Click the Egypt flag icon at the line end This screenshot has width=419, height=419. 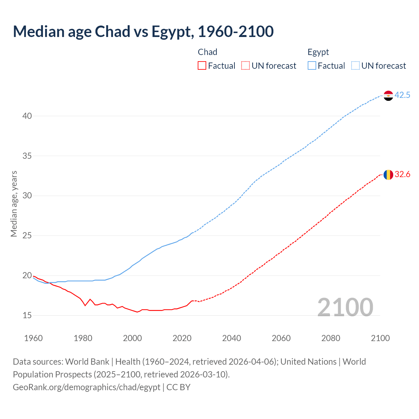click(x=388, y=96)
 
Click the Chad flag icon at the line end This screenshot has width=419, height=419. click(x=388, y=175)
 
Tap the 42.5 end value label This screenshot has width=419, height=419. click(x=402, y=95)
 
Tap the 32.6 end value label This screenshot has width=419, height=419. click(x=402, y=174)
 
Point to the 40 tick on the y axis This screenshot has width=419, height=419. click(x=27, y=116)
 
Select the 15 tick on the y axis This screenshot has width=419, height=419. click(x=27, y=315)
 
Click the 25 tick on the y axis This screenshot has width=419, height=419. click(x=27, y=235)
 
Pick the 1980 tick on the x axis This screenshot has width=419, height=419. click(x=83, y=338)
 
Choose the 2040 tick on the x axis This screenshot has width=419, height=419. click(x=231, y=338)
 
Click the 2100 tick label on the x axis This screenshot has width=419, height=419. click(x=380, y=338)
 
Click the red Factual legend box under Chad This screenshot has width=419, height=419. click(x=202, y=66)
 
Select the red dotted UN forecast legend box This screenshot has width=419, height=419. click(x=246, y=66)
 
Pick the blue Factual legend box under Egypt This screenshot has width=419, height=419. click(x=312, y=66)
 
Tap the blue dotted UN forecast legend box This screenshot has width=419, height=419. click(x=355, y=66)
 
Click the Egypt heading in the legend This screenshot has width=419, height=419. click(x=318, y=52)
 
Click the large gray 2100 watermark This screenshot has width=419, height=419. click(x=345, y=307)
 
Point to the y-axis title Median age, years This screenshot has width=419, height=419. click(x=14, y=204)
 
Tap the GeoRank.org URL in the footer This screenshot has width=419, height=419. click(x=86, y=387)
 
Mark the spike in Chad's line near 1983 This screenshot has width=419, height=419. click(x=90, y=299)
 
